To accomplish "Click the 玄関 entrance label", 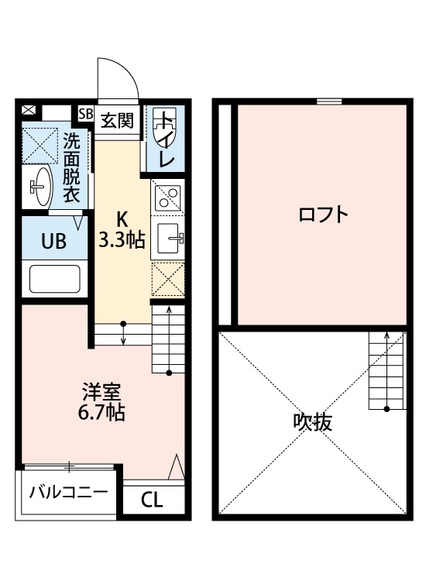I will [x=116, y=120].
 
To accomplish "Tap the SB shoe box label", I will [x=84, y=112].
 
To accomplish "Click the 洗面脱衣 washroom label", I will [x=71, y=168].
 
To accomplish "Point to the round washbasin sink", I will [x=40, y=185].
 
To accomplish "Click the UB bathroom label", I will [x=53, y=241].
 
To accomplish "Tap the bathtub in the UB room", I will [x=55, y=278].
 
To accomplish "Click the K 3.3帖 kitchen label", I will [x=121, y=230].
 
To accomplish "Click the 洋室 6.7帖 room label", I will [x=103, y=401].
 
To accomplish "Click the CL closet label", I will [x=153, y=500].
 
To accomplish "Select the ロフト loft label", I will [x=321, y=215].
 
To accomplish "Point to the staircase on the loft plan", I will [x=384, y=370].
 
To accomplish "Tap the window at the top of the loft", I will [x=328, y=100].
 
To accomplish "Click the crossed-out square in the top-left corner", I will [x=29, y=110].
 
